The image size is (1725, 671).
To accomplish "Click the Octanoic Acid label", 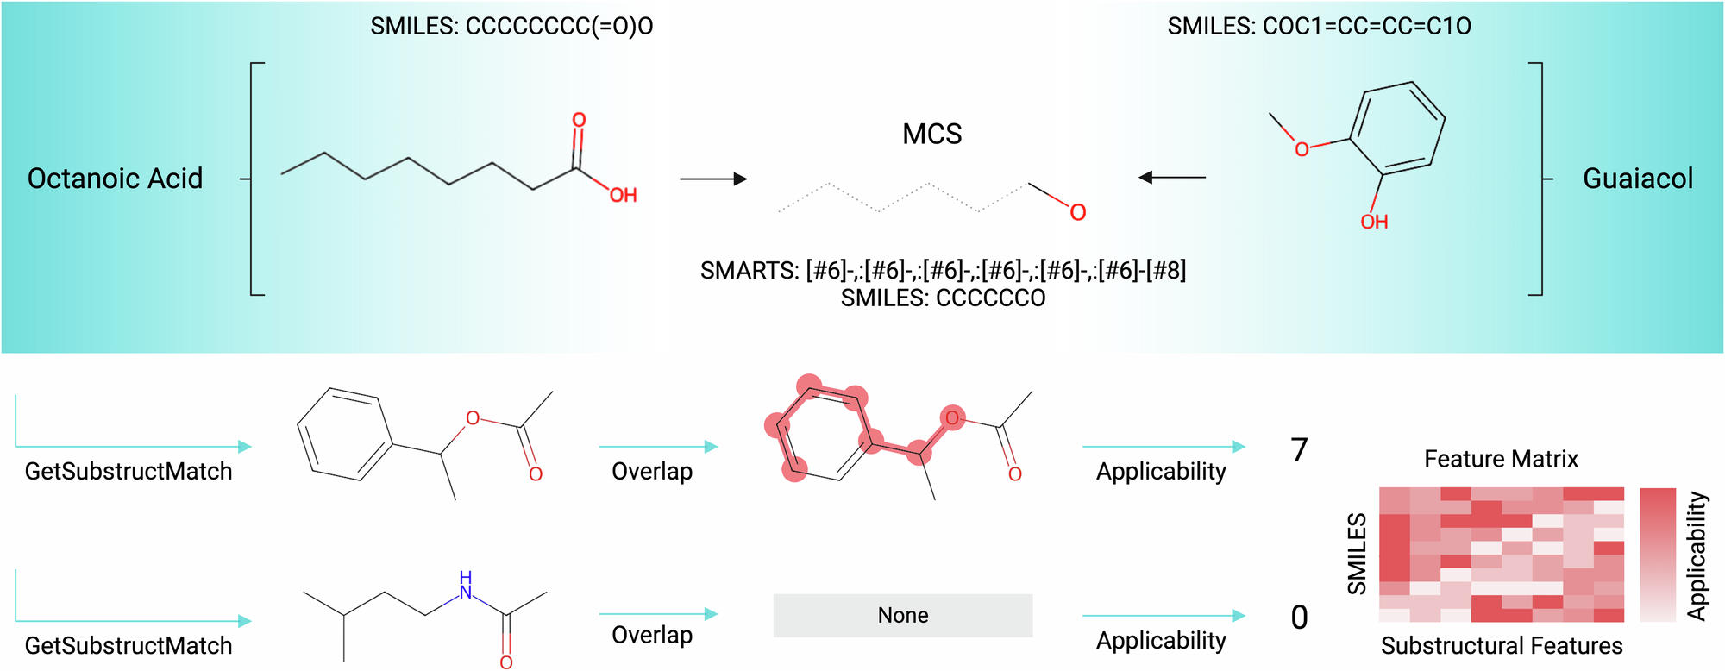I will [x=115, y=179].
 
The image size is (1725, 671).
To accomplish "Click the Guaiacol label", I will [x=1637, y=179].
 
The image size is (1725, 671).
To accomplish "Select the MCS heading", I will [x=931, y=135].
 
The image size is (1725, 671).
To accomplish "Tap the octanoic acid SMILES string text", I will [x=511, y=27].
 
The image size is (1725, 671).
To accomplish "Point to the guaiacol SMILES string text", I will [x=1319, y=27].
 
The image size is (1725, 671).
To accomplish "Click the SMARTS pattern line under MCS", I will [x=943, y=271].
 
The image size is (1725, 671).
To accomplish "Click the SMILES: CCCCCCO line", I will [x=943, y=298].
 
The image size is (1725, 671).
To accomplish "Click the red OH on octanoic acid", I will [x=623, y=196].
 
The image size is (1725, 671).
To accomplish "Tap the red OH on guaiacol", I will [x=1374, y=223].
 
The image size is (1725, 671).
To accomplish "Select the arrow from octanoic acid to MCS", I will [x=712, y=179].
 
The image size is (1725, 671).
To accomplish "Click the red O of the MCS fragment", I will [x=1077, y=212].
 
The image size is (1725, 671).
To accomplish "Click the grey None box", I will [x=902, y=615].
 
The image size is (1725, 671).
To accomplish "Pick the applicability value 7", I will [x=1299, y=450].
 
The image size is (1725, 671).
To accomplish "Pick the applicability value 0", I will [x=1299, y=618].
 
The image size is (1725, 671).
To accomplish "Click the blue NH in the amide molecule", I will [x=466, y=586].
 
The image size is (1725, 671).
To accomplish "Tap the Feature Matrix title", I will [x=1501, y=459].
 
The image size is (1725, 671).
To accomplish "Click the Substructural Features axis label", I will [x=1501, y=646].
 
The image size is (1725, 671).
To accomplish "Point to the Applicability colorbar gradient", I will [x=1657, y=555].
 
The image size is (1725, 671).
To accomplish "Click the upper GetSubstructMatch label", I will [x=129, y=472].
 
